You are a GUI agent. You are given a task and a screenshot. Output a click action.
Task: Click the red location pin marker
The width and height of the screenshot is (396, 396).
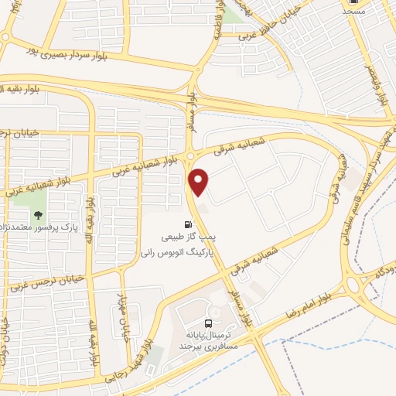pyautogui.click(x=200, y=182)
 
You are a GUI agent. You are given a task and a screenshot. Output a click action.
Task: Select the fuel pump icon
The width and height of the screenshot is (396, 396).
pyautogui.click(x=188, y=225)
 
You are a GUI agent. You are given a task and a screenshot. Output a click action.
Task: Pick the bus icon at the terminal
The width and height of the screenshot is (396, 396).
pyautogui.click(x=207, y=323)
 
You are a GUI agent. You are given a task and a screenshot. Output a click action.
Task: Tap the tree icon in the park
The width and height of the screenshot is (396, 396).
pyautogui.click(x=39, y=216)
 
